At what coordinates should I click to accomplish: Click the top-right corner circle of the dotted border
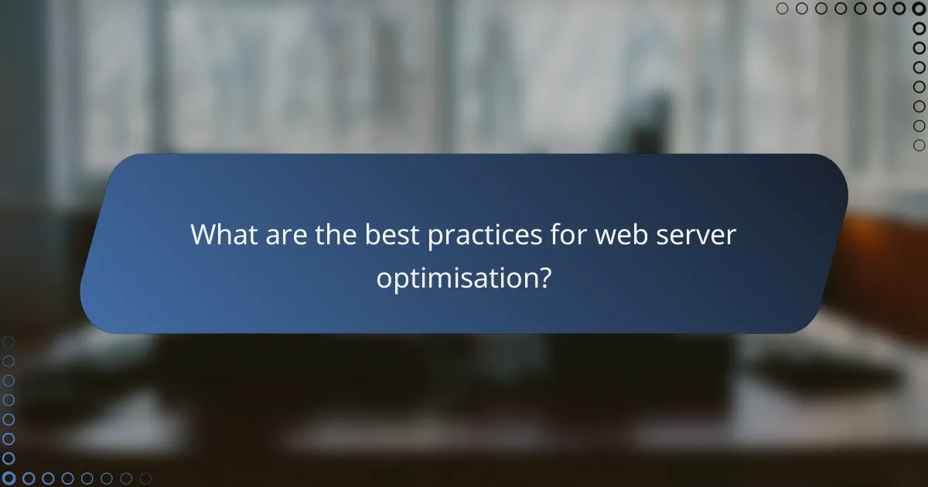[919, 9]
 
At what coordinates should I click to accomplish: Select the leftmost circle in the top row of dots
[782, 9]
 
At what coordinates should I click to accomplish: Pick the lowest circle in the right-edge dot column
[919, 145]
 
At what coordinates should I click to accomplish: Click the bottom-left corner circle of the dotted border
[9, 478]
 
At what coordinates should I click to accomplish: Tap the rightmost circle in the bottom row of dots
[145, 478]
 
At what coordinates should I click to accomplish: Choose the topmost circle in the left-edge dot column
[9, 341]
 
